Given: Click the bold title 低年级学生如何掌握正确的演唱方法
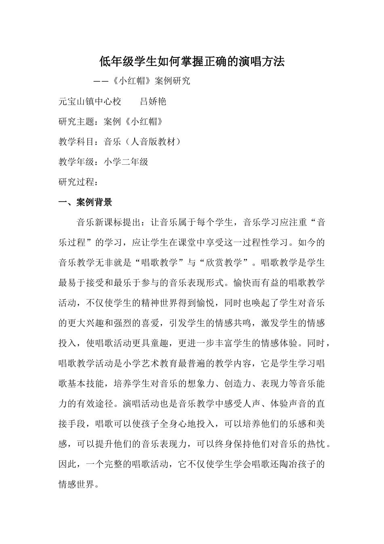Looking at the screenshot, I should point(192,62).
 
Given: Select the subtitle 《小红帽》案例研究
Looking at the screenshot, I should point(150,81).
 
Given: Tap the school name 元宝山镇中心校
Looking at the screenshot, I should point(90,101).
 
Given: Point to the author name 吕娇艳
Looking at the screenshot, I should point(153,101).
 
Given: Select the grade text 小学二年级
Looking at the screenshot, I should point(126,162).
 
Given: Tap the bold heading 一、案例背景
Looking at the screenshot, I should point(85,202).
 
